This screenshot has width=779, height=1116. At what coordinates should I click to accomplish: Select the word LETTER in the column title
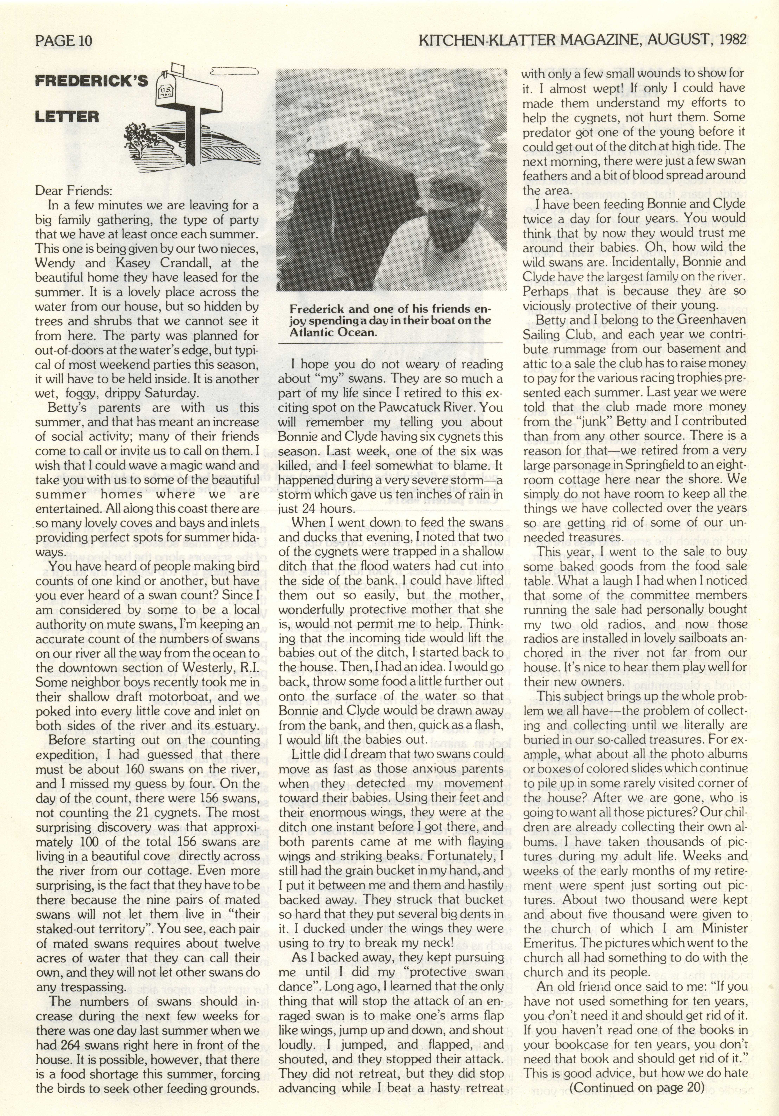[x=67, y=117]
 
